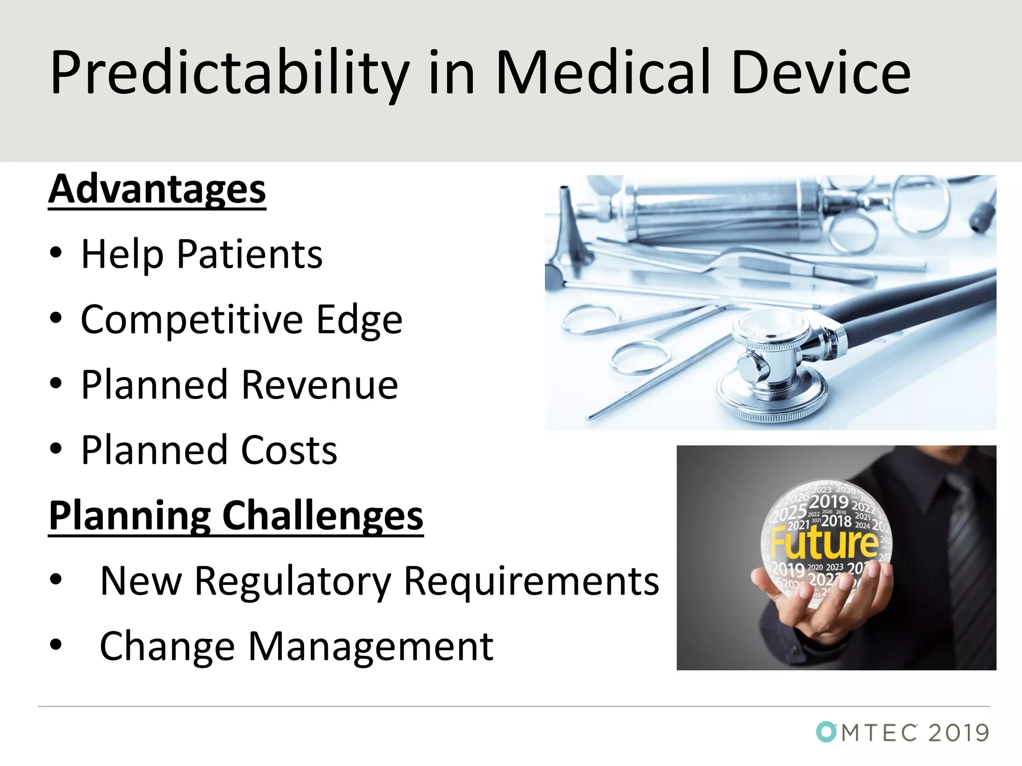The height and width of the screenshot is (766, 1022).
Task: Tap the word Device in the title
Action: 821,73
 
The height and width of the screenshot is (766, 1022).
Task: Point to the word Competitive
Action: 192,320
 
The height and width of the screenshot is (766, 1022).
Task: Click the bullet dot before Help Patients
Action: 56,252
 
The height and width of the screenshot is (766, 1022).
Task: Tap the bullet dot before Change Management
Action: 56,644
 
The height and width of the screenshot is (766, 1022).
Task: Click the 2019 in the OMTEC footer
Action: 958,733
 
